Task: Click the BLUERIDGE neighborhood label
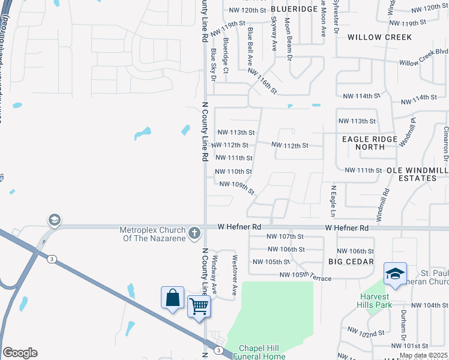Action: coord(294,10)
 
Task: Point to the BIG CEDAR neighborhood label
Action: coord(351,262)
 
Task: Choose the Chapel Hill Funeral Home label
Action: coord(262,352)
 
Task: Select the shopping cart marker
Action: coord(199,307)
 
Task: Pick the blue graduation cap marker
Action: coord(395,274)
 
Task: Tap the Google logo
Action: coord(20,353)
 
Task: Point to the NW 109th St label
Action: coord(238,188)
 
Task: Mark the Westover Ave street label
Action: coord(235,268)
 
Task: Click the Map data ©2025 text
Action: coord(424,355)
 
